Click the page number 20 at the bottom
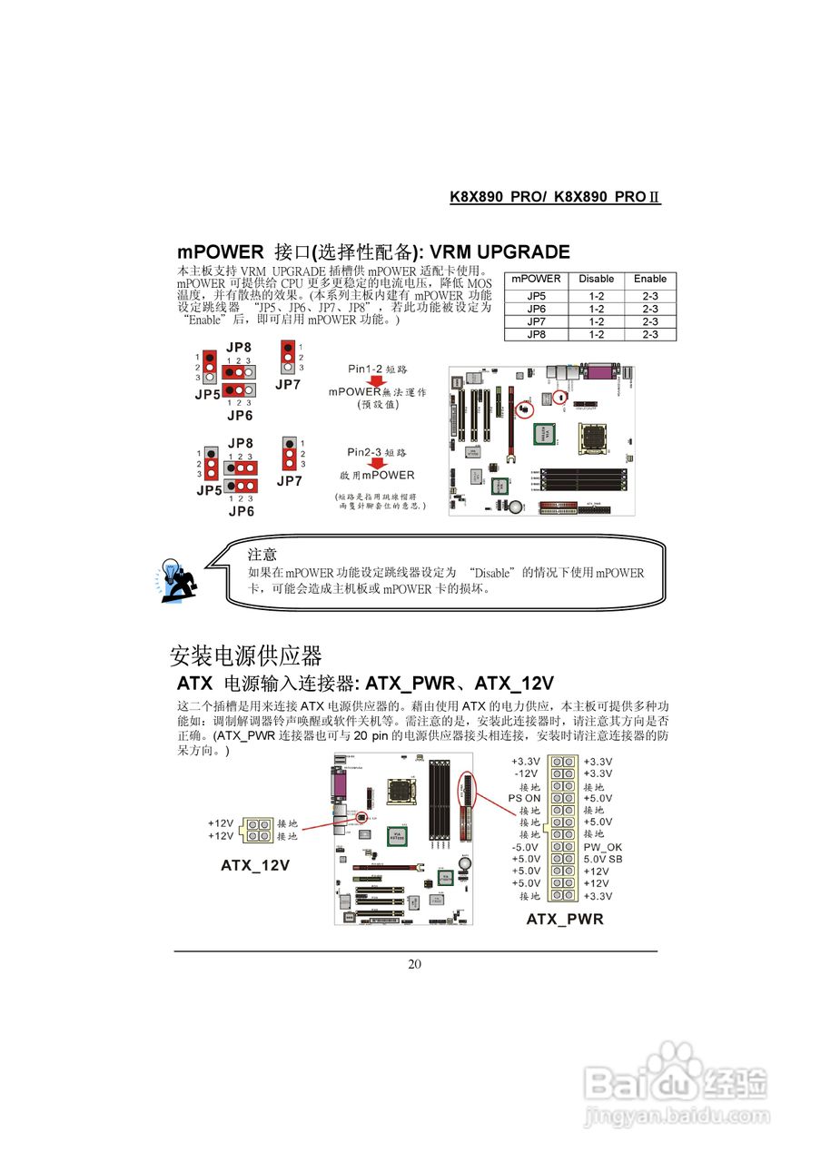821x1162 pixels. (414, 964)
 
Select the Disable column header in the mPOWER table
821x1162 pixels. (596, 279)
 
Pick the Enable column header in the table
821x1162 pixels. (650, 279)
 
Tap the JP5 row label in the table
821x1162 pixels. (536, 296)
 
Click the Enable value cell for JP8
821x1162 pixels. (650, 334)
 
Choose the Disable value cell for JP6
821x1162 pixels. (596, 309)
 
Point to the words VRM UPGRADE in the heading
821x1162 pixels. (500, 252)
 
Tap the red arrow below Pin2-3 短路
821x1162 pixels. (377, 463)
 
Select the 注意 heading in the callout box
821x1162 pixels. (262, 554)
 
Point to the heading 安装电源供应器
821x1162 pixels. (245, 655)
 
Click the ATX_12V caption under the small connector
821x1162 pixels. (255, 865)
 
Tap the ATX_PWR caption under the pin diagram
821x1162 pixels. (565, 919)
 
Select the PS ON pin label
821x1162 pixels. (524, 798)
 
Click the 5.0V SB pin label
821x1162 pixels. (603, 859)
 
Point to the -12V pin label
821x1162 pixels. (527, 773)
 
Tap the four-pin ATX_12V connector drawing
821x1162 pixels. (257, 830)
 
